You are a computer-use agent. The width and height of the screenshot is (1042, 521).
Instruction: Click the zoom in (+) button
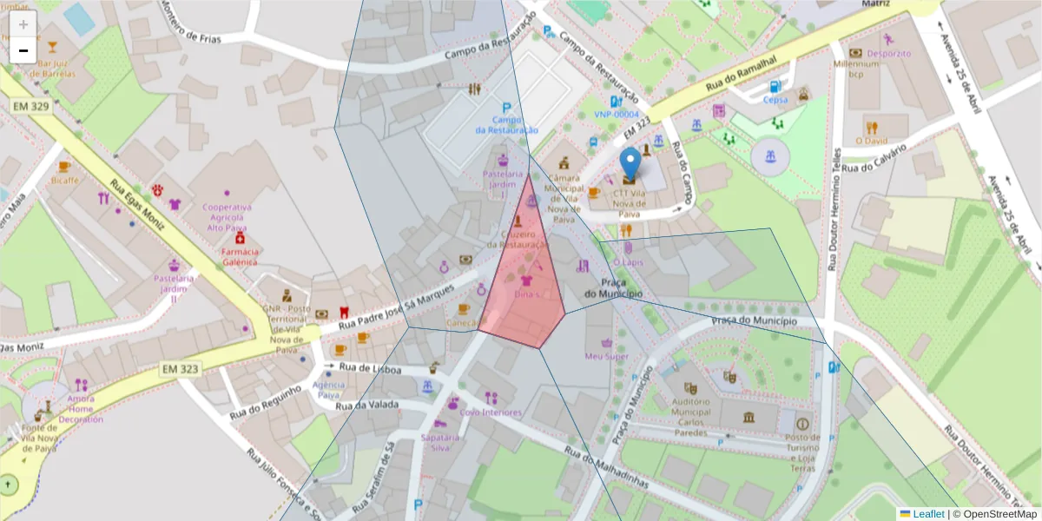click(23, 24)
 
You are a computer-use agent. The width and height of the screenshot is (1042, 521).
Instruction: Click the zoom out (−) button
click(23, 50)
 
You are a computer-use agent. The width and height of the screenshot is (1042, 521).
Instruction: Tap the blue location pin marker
click(630, 164)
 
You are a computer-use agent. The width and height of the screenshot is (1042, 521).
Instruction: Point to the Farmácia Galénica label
click(241, 256)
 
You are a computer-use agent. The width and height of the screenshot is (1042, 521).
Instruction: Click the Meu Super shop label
click(606, 356)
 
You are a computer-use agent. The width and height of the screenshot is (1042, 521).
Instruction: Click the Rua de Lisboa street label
click(370, 369)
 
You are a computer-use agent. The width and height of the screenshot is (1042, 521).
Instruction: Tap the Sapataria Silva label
click(440, 442)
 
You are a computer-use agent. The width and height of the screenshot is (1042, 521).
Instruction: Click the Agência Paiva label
click(327, 389)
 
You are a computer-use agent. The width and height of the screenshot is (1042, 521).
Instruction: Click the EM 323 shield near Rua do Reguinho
click(180, 369)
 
